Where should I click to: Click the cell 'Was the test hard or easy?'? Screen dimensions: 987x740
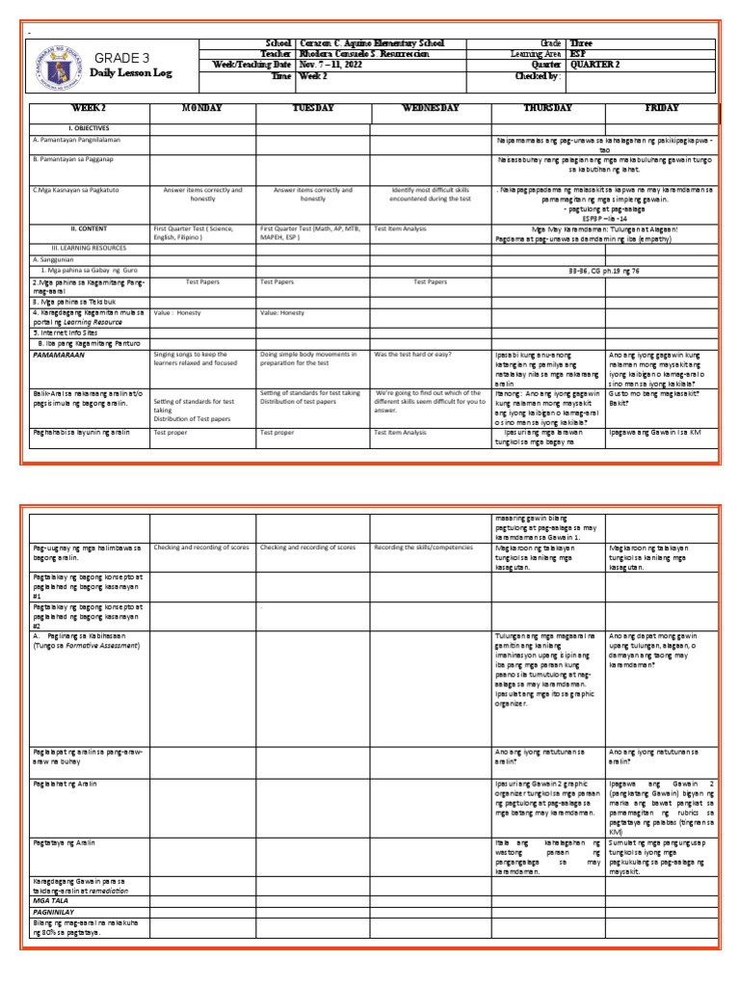click(412, 354)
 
